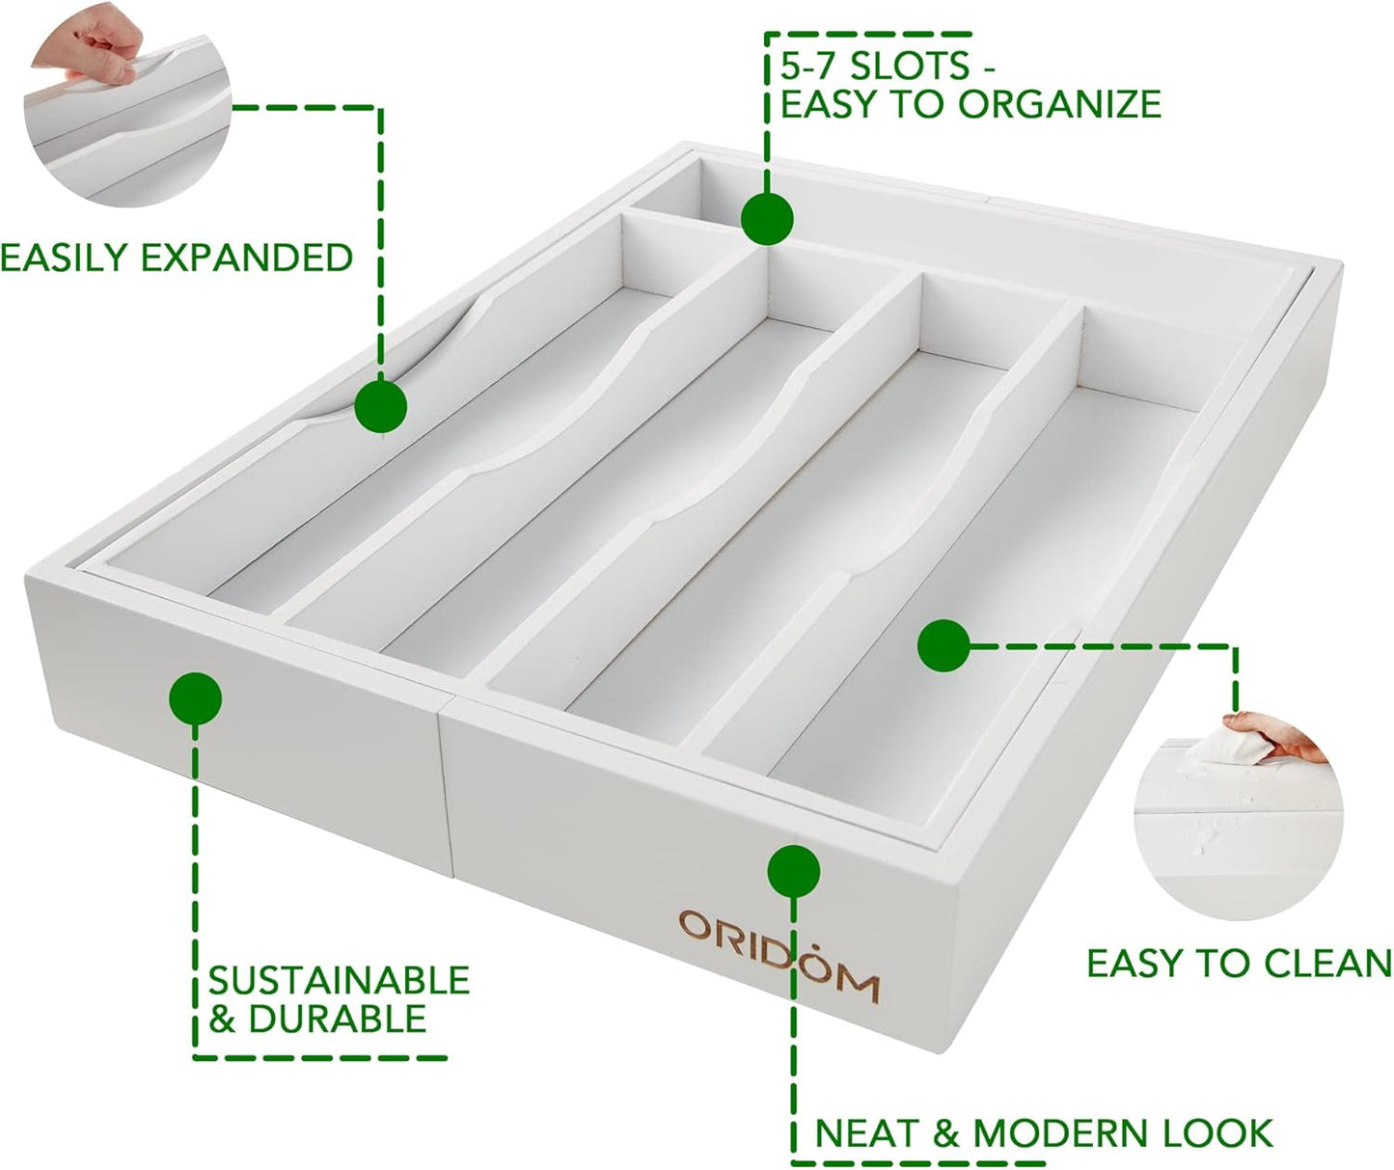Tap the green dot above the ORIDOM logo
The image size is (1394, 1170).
click(793, 872)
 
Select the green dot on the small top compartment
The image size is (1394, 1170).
click(767, 217)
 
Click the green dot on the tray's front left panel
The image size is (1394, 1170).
click(195, 697)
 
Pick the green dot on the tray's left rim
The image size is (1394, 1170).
click(380, 406)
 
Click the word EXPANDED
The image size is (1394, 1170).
click(246, 258)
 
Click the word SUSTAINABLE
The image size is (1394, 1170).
click(339, 980)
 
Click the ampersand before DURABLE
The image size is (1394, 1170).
click(223, 1020)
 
